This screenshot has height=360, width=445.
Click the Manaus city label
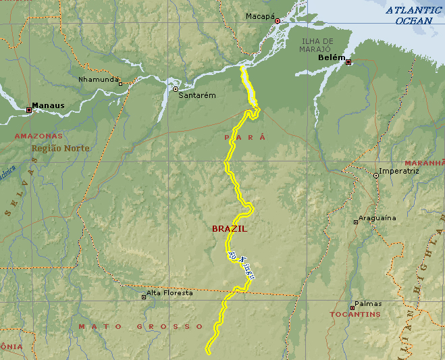point(49,106)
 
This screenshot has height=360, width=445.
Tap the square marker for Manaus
point(28,109)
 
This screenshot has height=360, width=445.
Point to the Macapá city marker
point(277,22)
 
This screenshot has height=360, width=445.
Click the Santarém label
point(197,95)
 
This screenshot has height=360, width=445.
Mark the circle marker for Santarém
point(176,88)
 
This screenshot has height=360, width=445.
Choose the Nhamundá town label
point(98,79)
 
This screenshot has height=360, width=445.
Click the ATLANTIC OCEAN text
point(414,16)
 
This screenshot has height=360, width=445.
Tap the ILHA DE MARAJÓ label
point(315,45)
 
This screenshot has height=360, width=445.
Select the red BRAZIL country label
point(230,229)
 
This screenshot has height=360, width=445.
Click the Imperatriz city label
point(399,171)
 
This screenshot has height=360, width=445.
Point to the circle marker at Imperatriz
point(376,176)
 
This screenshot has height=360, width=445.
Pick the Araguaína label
point(377,217)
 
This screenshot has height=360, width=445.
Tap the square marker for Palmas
point(352,308)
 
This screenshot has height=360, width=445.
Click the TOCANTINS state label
point(355,315)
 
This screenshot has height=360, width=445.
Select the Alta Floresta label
point(169,293)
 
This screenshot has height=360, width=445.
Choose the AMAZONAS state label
point(38,136)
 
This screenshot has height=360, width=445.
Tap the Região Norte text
point(60,148)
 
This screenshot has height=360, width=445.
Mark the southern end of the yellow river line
point(208,351)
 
